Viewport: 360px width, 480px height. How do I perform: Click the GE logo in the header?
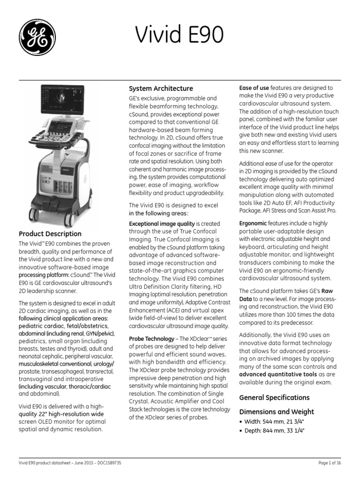(x=37, y=37)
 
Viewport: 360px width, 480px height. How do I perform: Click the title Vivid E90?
(x=180, y=35)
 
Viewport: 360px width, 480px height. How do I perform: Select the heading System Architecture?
(x=161, y=88)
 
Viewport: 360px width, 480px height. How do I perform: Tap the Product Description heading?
(x=50, y=233)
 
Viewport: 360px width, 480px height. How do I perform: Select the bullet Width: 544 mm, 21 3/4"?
(x=274, y=421)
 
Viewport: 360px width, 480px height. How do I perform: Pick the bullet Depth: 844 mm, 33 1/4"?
(x=274, y=431)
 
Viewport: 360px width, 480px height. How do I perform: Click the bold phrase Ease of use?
(x=254, y=88)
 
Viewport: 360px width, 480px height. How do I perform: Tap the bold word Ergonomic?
(x=253, y=224)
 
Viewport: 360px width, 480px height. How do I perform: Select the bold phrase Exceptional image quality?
(x=162, y=224)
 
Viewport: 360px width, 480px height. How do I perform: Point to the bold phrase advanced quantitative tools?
(x=271, y=375)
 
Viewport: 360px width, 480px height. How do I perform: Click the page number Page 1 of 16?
(x=330, y=463)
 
